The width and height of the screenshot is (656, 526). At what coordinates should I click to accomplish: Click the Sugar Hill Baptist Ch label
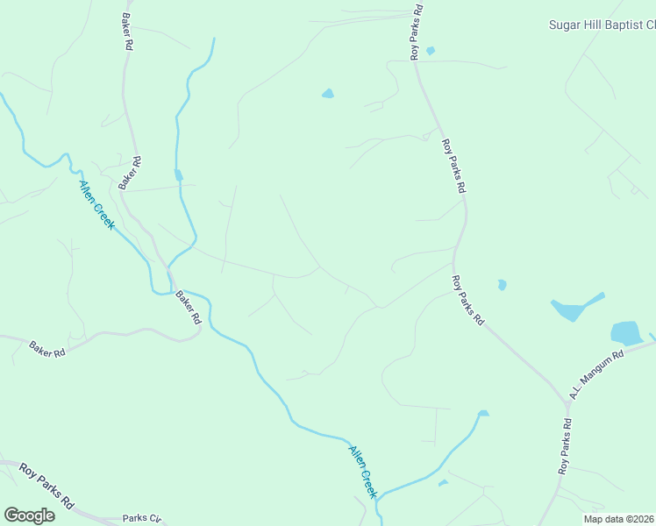pyautogui.click(x=602, y=25)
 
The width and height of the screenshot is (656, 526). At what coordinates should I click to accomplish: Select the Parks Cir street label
pyautogui.click(x=141, y=518)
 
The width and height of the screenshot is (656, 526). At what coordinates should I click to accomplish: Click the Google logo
pyautogui.click(x=29, y=515)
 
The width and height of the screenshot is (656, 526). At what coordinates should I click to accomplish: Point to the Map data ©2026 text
pyautogui.click(x=618, y=519)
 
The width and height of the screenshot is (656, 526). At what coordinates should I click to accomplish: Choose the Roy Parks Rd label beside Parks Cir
pyautogui.click(x=46, y=487)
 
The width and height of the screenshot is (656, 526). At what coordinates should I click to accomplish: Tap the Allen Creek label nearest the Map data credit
pyautogui.click(x=362, y=472)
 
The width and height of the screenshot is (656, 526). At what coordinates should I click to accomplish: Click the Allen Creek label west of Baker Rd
pyautogui.click(x=96, y=203)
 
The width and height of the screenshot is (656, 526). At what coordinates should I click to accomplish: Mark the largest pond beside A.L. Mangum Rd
pyautogui.click(x=626, y=333)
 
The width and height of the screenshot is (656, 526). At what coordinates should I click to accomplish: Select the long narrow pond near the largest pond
pyautogui.click(x=574, y=307)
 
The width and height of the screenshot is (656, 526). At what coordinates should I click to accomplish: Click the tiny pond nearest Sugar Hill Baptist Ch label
pyautogui.click(x=430, y=51)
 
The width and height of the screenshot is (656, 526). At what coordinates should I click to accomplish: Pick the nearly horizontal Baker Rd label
pyautogui.click(x=47, y=350)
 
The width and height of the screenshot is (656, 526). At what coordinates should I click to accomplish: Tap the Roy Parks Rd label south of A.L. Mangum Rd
pyautogui.click(x=566, y=447)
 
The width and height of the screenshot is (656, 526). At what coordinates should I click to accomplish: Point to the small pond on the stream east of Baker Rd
pyautogui.click(x=179, y=175)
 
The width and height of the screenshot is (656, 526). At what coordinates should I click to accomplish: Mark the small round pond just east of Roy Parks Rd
pyautogui.click(x=502, y=285)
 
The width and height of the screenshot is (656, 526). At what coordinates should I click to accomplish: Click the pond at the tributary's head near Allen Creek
pyautogui.click(x=482, y=413)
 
